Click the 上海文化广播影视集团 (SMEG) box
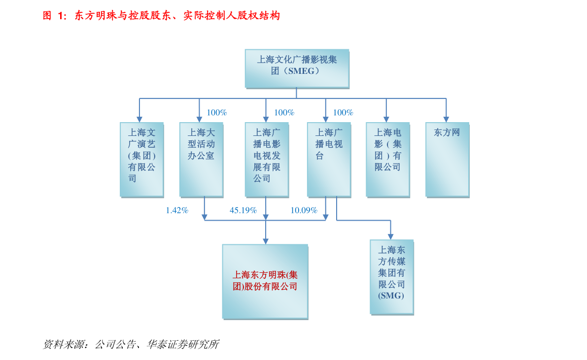coord(297,68)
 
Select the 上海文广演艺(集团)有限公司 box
coord(141,159)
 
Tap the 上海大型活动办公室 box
coord(201,159)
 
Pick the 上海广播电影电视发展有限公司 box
coord(266,159)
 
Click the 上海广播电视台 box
coord(328,159)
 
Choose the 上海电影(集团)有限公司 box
coord(387,159)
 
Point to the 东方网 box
coord(447,159)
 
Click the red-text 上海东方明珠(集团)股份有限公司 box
coord(265,281)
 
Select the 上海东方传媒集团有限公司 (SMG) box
coord(391,276)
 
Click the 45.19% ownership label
coord(243,210)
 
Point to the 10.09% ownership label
coord(304,210)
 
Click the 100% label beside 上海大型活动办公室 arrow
coord(217,113)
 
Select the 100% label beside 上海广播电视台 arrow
coord(343,113)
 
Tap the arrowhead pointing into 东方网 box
coord(446,119)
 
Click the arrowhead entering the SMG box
coord(391,236)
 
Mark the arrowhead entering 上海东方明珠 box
coord(266,241)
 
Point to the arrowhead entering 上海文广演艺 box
coord(139,119)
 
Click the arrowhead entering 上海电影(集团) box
coord(386,119)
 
